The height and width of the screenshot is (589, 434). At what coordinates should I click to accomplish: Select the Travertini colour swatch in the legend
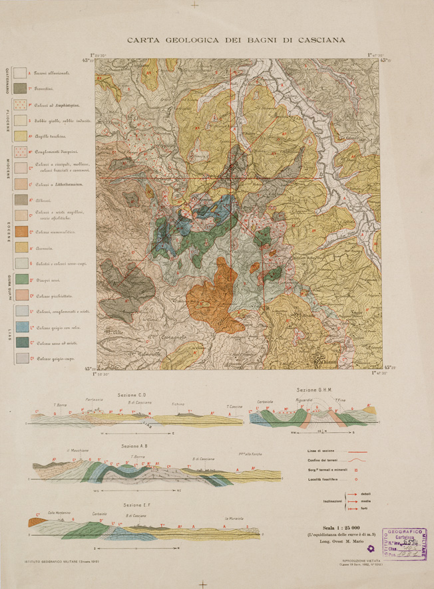20,88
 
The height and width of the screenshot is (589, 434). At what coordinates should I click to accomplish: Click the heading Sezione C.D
136,395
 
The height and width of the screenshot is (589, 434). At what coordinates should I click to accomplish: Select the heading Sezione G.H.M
315,390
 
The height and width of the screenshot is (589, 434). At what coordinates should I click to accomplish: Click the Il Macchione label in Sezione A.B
78,451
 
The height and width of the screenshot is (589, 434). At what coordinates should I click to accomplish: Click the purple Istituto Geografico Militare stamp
403,543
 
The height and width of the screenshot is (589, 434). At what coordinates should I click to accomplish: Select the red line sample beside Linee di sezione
357,452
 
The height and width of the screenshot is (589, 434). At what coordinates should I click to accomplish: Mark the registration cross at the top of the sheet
194,5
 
